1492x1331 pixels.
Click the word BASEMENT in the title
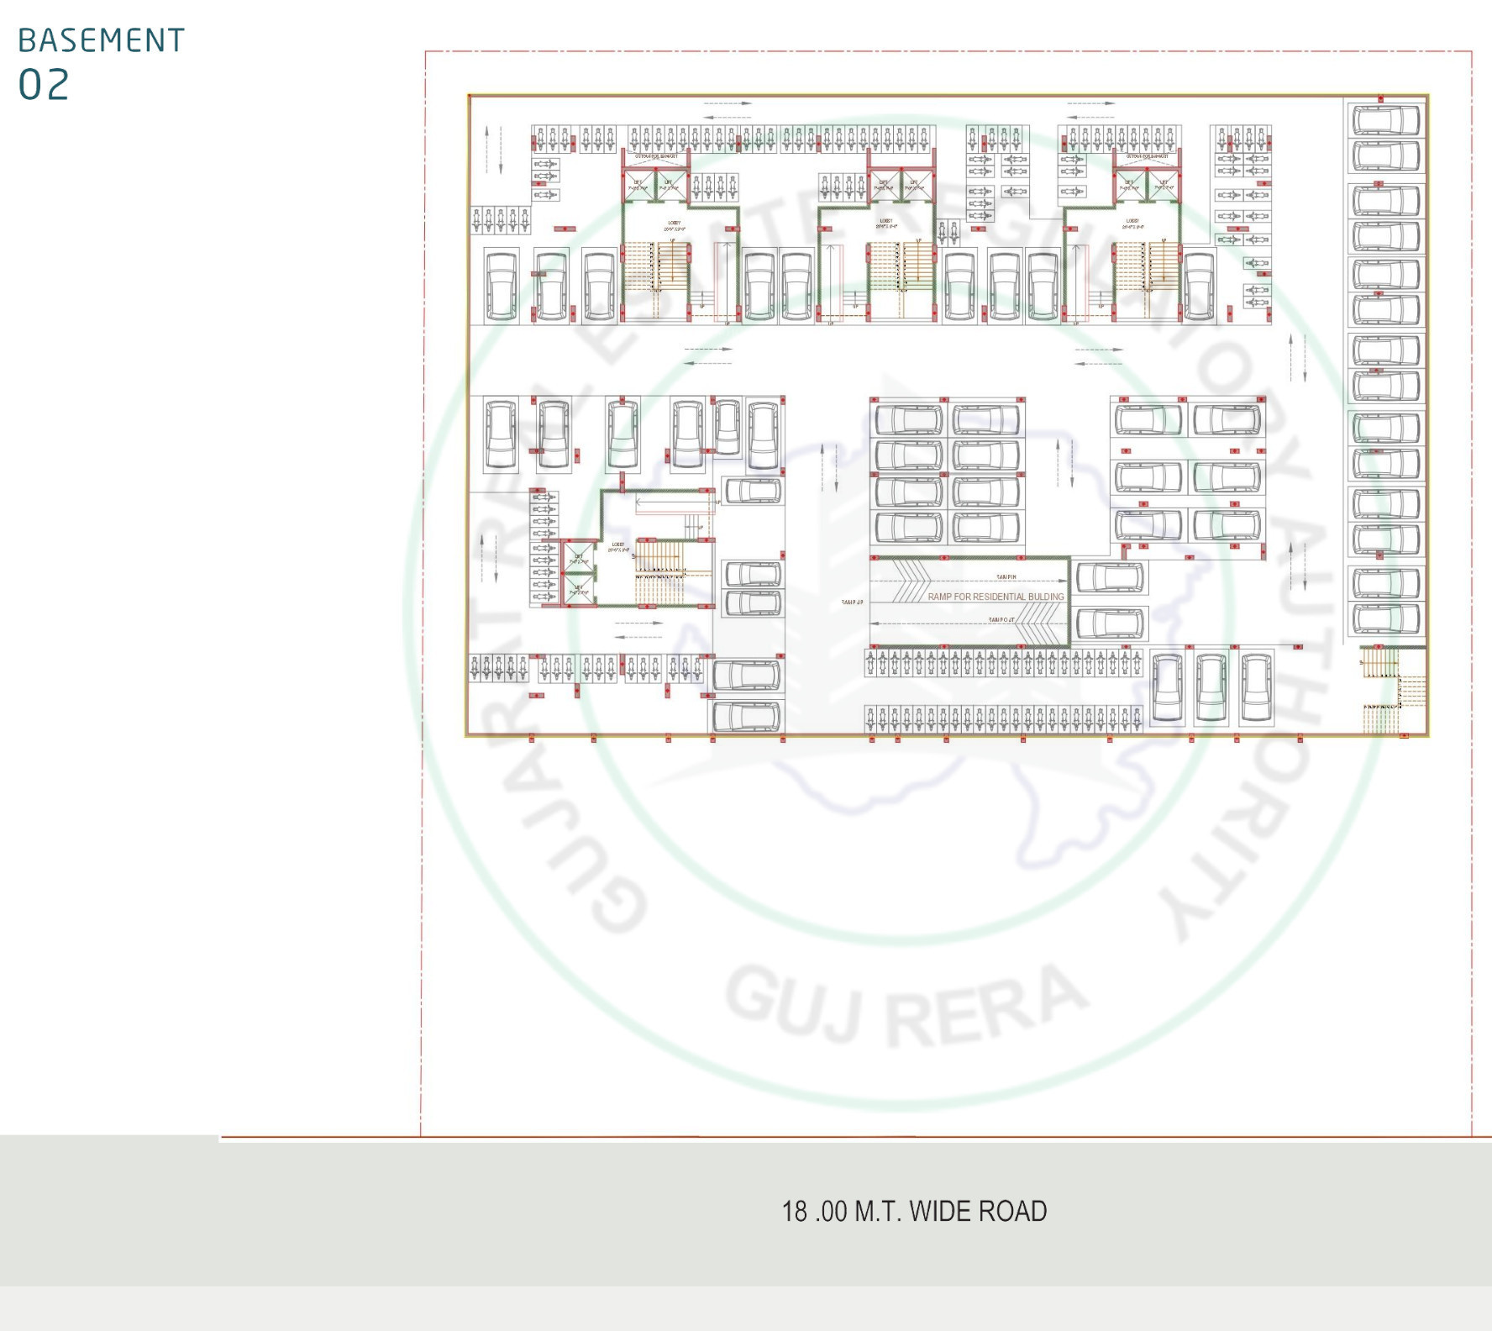[101, 40]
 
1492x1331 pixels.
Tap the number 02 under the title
[44, 85]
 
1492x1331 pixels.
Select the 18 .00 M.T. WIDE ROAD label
[914, 1211]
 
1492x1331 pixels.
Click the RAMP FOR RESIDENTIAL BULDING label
[996, 597]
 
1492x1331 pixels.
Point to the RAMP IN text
[1006, 577]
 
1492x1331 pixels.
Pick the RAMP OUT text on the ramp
[1001, 620]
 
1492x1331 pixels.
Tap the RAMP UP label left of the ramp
[851, 602]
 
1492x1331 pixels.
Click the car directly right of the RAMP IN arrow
[1109, 578]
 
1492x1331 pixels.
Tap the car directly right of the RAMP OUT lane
[1109, 623]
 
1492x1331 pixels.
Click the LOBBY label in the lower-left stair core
[618, 545]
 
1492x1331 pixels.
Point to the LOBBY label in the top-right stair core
[1132, 223]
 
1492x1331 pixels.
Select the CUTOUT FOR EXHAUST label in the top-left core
[655, 156]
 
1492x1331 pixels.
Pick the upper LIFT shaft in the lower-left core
[579, 557]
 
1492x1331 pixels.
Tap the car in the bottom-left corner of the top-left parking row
[501, 286]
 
